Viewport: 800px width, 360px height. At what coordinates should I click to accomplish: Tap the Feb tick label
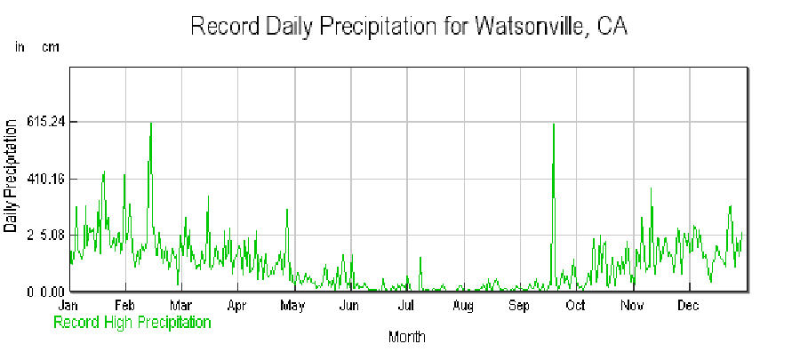coord(124,306)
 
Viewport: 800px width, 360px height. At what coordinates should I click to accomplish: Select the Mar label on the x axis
coord(180,306)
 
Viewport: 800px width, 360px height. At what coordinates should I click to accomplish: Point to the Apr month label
coord(236,306)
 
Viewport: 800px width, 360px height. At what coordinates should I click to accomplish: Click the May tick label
coord(292,306)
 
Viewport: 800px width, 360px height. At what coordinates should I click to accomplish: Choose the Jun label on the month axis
coord(349,306)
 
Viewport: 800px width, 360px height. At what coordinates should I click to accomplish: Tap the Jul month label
coord(405,306)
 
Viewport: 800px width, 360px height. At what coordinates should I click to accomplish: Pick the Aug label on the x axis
coord(462,306)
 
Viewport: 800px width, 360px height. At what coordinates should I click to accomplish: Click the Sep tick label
coord(519,306)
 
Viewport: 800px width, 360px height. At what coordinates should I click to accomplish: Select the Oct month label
coord(575,306)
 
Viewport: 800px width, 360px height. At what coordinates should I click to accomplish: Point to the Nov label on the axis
coord(632,306)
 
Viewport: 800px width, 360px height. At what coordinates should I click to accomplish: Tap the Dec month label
coord(689,306)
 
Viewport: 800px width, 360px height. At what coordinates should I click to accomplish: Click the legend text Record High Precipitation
coord(132,323)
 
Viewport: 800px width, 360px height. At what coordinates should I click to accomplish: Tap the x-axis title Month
coord(406,338)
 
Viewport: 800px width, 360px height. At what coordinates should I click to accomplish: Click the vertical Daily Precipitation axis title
coord(11,178)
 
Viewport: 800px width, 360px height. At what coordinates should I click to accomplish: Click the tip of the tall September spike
coord(553,124)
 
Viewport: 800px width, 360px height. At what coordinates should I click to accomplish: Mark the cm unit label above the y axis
coord(50,47)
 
